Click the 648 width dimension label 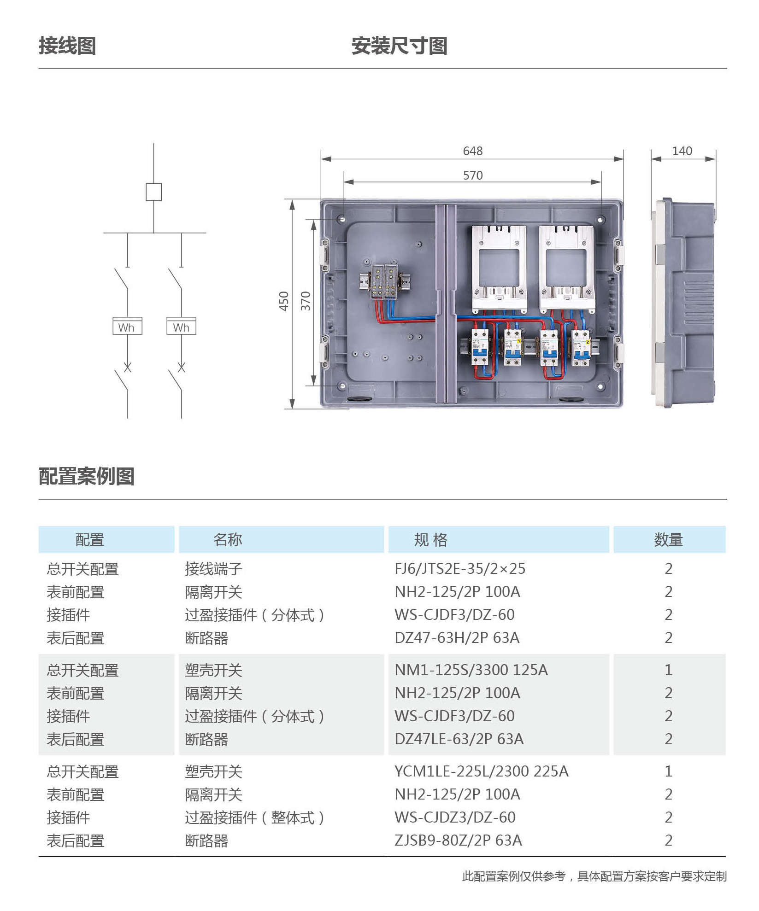click(x=472, y=151)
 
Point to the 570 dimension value click(x=472, y=175)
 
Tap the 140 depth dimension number click(x=682, y=151)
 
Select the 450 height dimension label click(x=284, y=301)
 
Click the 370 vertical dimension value click(x=306, y=301)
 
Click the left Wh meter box click(x=127, y=326)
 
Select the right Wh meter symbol click(x=181, y=326)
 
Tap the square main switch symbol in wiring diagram click(x=153, y=192)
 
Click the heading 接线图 click(x=67, y=46)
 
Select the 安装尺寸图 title click(x=399, y=46)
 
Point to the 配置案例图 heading click(x=87, y=476)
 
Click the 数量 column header click(x=668, y=539)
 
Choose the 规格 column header click(x=430, y=539)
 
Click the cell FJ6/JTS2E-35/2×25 click(x=460, y=569)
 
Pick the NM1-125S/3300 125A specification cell click(x=471, y=670)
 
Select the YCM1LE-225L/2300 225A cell click(x=482, y=771)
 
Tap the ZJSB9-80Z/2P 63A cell click(x=459, y=841)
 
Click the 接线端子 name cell click(x=213, y=569)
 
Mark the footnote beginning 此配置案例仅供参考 click(x=594, y=876)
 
